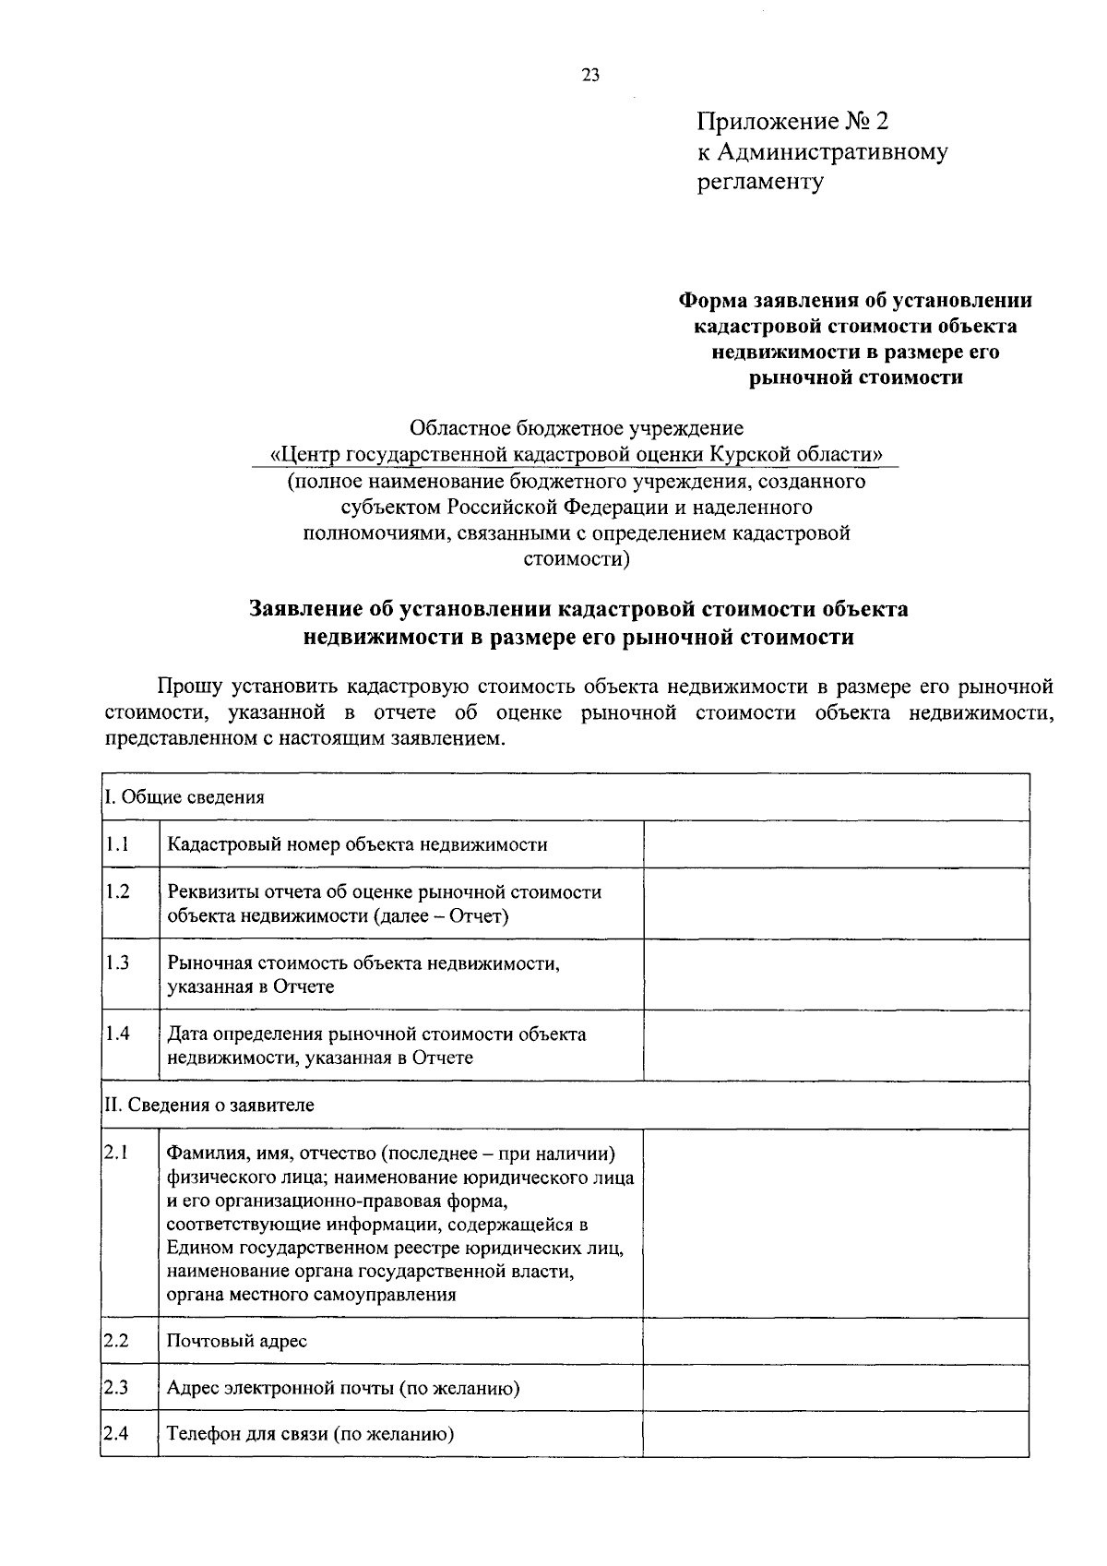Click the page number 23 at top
point(590,76)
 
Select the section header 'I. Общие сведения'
point(185,797)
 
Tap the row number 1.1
point(117,843)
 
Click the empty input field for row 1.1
point(836,844)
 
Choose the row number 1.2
point(117,891)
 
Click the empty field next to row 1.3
point(836,974)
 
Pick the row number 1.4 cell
point(117,1034)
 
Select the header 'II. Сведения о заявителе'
point(209,1105)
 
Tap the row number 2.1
point(117,1152)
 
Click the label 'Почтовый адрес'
point(237,1341)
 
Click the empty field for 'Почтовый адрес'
point(836,1341)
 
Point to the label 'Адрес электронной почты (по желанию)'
point(343,1388)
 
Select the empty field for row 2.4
point(836,1434)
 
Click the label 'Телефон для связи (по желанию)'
point(311,1434)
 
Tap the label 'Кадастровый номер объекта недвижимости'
point(357,844)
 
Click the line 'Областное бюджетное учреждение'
point(577,429)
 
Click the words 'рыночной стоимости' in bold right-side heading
point(855,377)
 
